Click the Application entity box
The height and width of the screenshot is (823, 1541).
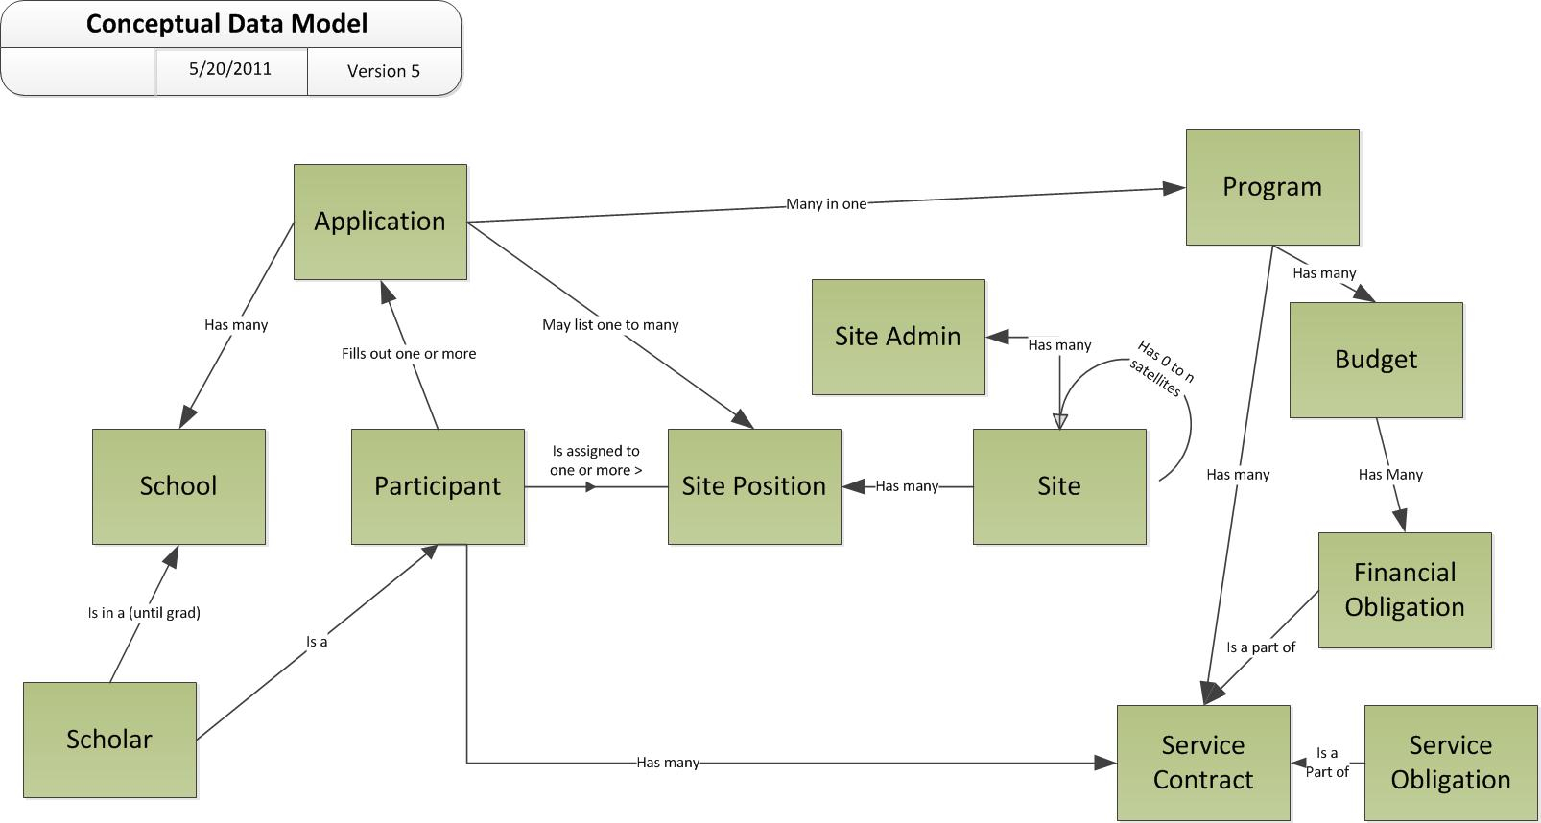380,223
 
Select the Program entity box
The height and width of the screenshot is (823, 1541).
1272,188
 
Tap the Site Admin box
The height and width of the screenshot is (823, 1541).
898,337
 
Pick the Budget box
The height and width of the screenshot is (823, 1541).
1377,360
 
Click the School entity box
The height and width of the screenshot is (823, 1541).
178,486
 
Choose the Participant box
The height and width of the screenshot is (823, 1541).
439,486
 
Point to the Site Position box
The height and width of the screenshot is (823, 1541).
755,486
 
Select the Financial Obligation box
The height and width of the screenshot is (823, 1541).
1406,590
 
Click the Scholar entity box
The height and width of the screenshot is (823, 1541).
110,740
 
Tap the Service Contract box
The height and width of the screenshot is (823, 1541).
1204,763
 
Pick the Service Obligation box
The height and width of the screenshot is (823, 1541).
1452,763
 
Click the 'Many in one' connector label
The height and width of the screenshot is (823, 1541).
826,204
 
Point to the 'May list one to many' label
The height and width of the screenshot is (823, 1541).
610,324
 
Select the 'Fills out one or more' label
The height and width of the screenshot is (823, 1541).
409,353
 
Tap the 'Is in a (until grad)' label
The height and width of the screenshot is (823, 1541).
144,613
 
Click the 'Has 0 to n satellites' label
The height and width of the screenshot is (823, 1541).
1163,368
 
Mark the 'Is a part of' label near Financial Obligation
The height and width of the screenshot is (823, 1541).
1261,647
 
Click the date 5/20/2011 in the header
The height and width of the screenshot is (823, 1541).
230,69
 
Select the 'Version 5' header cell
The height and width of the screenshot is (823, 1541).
384,71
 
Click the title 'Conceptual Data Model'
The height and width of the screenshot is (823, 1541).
227,23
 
